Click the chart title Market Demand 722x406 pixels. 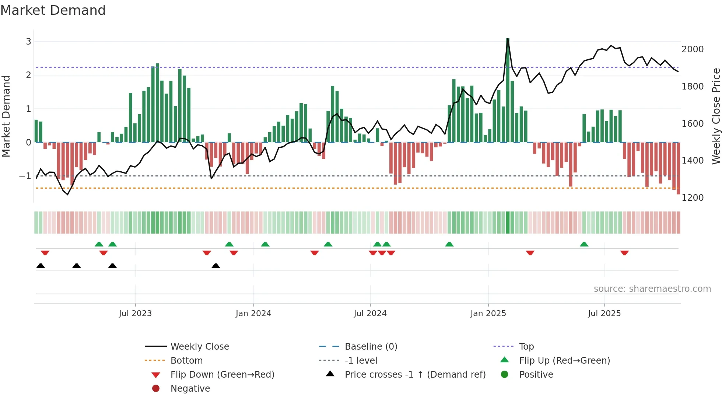(x=53, y=10)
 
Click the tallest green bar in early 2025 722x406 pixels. (x=508, y=90)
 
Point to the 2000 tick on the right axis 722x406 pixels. (x=693, y=49)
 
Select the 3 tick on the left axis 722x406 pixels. (x=28, y=42)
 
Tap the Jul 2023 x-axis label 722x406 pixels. (x=135, y=314)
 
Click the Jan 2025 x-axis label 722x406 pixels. (x=488, y=314)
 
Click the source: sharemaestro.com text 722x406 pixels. (x=652, y=289)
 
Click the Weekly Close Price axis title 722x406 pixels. (x=716, y=116)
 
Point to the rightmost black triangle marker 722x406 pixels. (x=216, y=266)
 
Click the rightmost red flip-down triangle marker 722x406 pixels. (x=624, y=253)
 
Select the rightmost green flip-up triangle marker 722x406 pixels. (x=584, y=244)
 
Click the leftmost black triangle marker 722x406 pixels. (x=41, y=266)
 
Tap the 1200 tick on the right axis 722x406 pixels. (x=693, y=198)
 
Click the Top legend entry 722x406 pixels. (x=526, y=347)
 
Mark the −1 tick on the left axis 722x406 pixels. (x=25, y=176)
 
